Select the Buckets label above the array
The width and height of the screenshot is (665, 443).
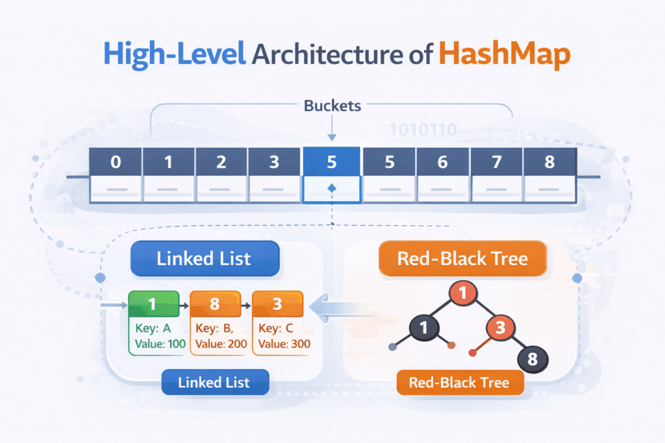point(332,105)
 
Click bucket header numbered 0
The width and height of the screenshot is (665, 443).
point(116,162)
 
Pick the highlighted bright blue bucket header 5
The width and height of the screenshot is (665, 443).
point(331,162)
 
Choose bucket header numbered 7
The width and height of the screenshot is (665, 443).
point(496,162)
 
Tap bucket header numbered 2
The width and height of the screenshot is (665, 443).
point(221,162)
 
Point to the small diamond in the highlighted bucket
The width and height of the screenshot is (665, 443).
point(331,188)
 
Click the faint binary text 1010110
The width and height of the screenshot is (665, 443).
point(422,129)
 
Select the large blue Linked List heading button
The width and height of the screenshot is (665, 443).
point(204,259)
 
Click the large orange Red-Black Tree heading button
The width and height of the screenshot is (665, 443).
point(462,259)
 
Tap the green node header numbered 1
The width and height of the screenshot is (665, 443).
point(154,303)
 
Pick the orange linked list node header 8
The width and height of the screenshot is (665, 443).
point(214,303)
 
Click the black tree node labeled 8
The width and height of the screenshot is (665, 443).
point(533,357)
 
